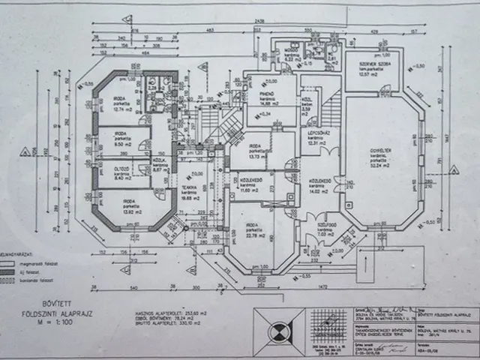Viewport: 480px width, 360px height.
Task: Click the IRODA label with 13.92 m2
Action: pos(129,204)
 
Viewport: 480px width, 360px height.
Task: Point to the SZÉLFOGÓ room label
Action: pos(325,228)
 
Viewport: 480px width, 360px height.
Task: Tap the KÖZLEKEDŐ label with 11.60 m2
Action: pos(251,185)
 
